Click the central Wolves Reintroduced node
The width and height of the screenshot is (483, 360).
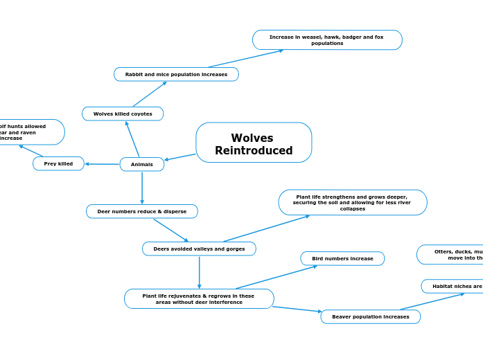click(254, 143)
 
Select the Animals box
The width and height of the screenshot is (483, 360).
click(142, 164)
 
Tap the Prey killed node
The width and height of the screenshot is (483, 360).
click(58, 163)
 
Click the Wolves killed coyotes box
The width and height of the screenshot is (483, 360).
click(123, 114)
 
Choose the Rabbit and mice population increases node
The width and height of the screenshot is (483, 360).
click(176, 74)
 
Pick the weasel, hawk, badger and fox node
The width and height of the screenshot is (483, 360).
click(327, 40)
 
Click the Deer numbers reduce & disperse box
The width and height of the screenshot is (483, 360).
click(142, 211)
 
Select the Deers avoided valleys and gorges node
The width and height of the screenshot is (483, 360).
click(199, 249)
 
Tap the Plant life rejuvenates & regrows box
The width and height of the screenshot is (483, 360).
click(199, 298)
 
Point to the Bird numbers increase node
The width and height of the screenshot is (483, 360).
click(342, 258)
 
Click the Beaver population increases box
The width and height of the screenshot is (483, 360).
click(371, 316)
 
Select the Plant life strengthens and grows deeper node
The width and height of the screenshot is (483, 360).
click(353, 202)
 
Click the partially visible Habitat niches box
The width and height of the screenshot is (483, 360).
click(454, 286)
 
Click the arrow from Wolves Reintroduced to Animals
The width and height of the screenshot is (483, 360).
click(180, 157)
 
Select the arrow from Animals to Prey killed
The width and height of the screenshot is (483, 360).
click(102, 164)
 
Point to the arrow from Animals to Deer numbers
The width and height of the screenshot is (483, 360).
click(142, 187)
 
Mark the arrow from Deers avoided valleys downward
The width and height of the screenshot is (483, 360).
click(199, 272)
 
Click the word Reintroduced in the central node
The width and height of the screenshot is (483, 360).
click(254, 150)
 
